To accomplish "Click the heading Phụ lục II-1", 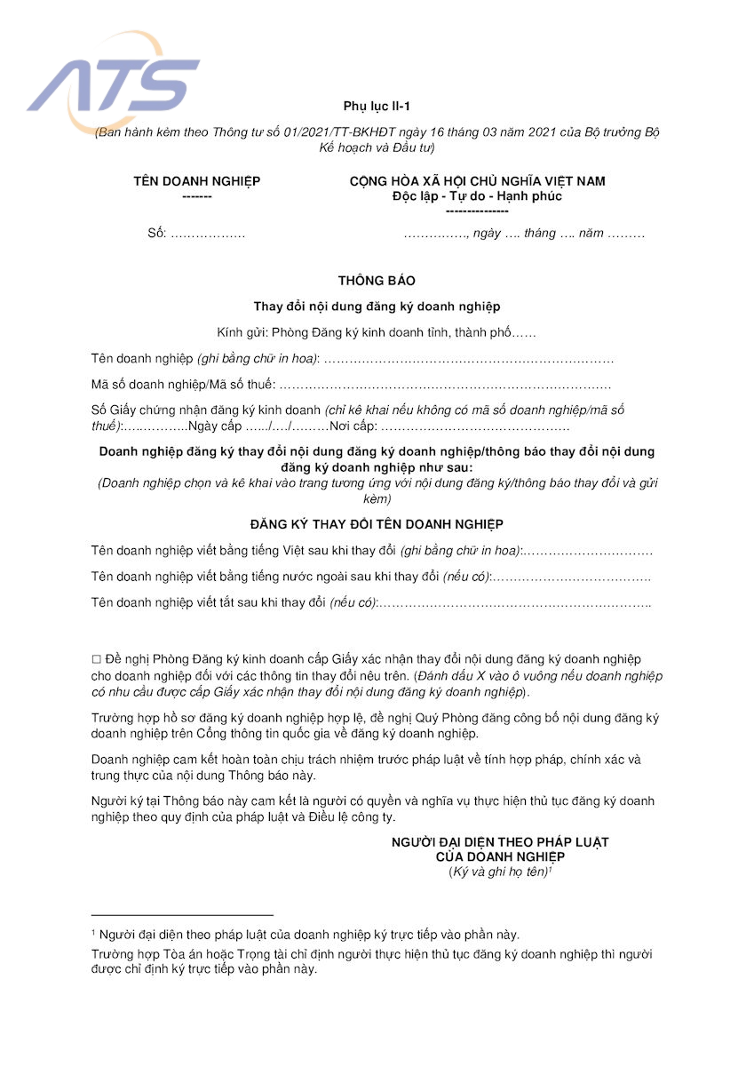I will click(377, 107).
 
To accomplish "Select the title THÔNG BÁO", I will click(377, 281).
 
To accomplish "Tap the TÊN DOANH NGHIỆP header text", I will click(197, 181).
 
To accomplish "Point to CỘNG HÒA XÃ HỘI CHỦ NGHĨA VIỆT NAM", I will click(477, 181).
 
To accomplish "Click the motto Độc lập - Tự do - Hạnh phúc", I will click(477, 196).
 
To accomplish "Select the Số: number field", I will click(207, 234).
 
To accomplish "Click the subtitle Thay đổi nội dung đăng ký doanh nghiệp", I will click(377, 307).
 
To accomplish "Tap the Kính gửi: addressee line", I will click(377, 333).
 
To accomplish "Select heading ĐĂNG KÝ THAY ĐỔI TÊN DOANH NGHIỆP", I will click(377, 525).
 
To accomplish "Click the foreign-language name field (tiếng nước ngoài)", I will click(570, 577).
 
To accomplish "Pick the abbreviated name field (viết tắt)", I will click(515, 603).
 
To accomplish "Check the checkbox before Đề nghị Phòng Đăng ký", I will click(97, 659).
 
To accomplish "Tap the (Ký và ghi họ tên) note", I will click(500, 872).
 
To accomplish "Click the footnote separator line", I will click(182, 914).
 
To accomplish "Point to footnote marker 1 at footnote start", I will click(93, 933).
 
